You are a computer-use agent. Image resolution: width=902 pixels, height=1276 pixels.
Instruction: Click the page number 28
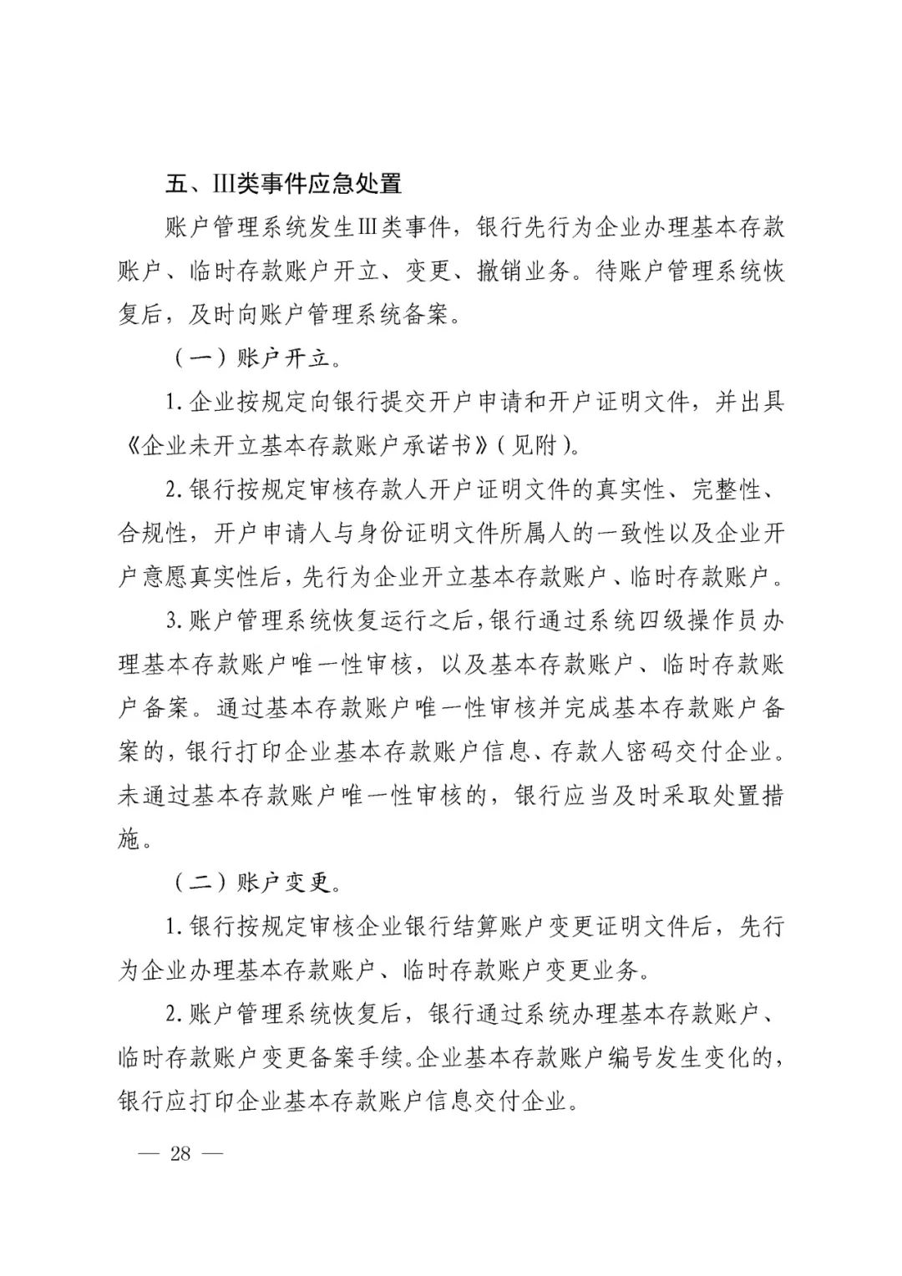click(x=180, y=1154)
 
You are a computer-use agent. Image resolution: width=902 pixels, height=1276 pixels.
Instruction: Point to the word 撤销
click(x=500, y=271)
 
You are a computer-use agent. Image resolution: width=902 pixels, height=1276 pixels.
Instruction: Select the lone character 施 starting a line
click(x=129, y=838)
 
